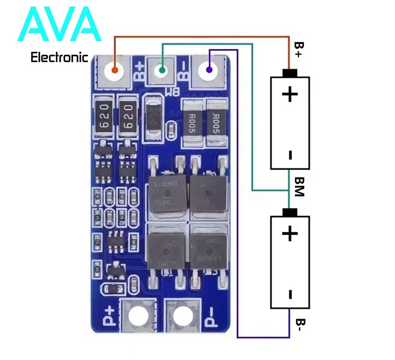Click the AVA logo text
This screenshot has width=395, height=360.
[x=59, y=25]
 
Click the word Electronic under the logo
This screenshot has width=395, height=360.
[x=59, y=58]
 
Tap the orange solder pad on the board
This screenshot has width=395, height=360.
[x=115, y=70]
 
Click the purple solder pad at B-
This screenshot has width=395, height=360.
[x=209, y=70]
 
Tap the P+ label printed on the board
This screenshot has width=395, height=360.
[x=110, y=315]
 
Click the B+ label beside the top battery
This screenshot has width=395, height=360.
[x=299, y=50]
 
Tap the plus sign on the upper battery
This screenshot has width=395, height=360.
[x=290, y=94]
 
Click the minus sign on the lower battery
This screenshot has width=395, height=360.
[x=290, y=294]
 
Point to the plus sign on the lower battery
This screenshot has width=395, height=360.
[x=290, y=233]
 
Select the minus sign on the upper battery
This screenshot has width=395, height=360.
[x=290, y=156]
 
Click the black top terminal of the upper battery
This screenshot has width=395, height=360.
[x=290, y=73]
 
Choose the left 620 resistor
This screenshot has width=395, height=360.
[x=104, y=117]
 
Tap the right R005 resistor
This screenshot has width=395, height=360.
[x=216, y=121]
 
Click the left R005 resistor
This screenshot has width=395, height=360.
[x=191, y=121]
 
